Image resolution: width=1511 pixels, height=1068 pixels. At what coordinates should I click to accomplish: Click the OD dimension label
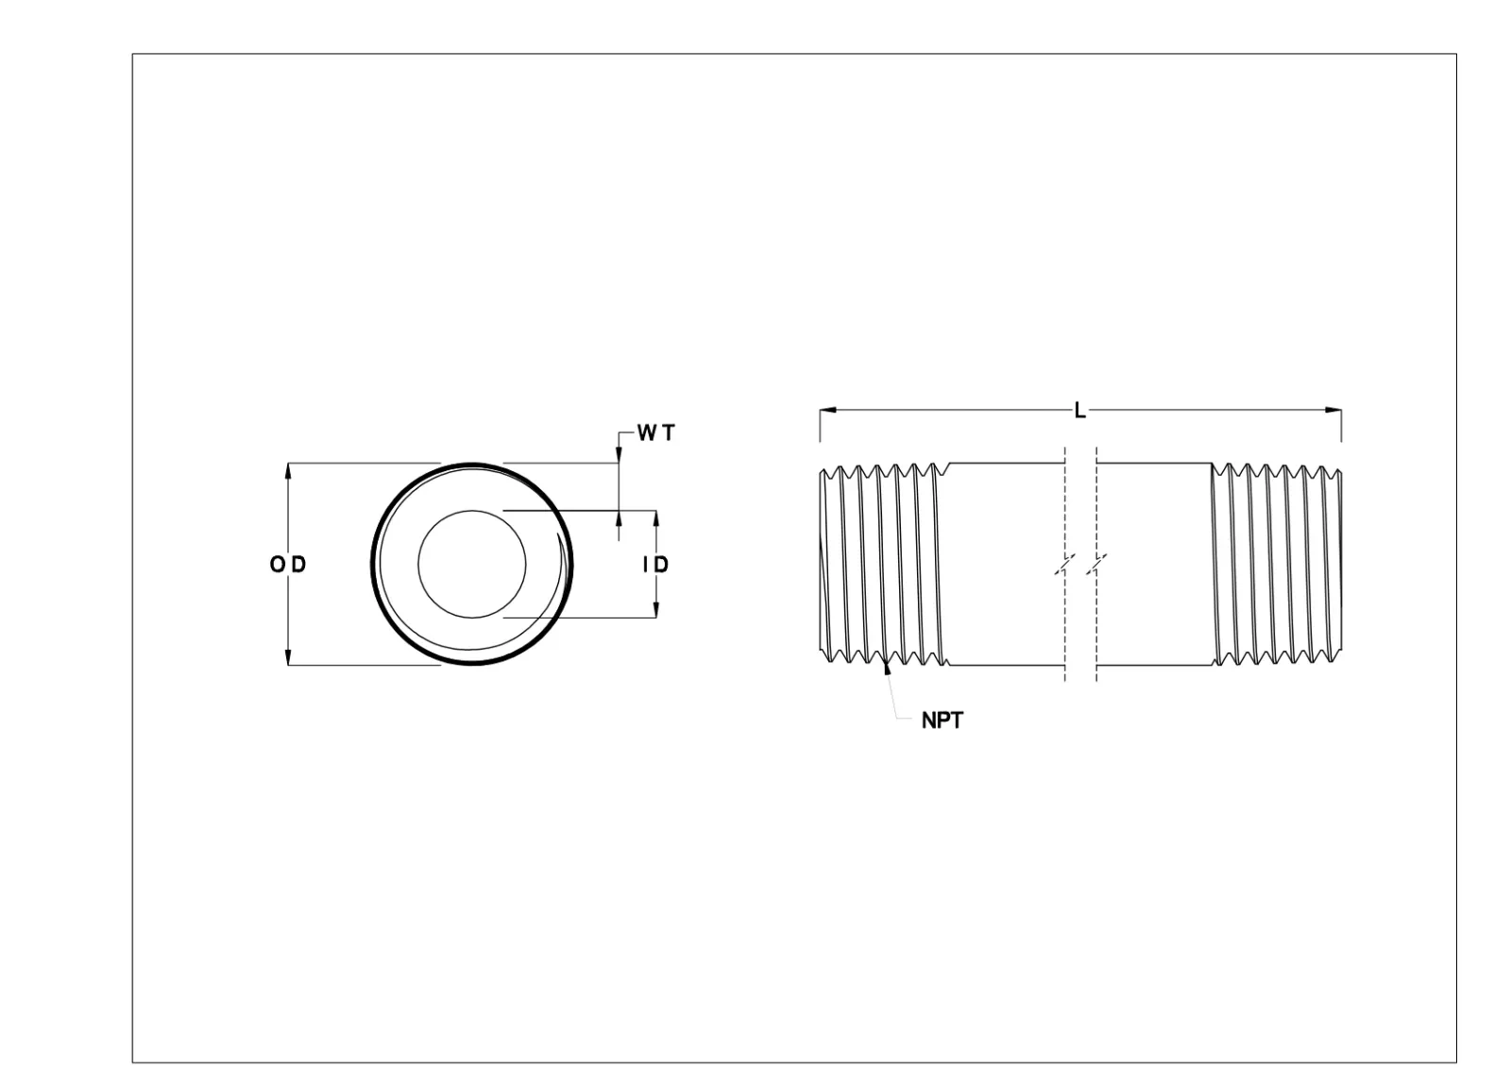pyautogui.click(x=288, y=565)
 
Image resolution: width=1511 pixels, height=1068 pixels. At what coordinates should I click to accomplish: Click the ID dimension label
pyautogui.click(x=655, y=565)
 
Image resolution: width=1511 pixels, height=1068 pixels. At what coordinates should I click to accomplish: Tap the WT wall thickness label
pyautogui.click(x=656, y=433)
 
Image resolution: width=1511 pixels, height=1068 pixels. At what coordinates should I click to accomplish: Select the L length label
pyautogui.click(x=1080, y=411)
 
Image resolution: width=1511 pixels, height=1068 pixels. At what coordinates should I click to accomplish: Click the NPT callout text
pyautogui.click(x=942, y=720)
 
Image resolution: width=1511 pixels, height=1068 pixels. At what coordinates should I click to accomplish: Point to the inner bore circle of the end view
pyautogui.click(x=472, y=565)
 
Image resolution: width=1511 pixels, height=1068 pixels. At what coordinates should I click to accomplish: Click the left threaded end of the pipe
pyautogui.click(x=883, y=565)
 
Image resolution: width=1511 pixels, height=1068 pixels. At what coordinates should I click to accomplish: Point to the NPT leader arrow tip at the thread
pyautogui.click(x=886, y=670)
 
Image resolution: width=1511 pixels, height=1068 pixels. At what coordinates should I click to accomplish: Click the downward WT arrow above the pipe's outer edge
pyautogui.click(x=618, y=456)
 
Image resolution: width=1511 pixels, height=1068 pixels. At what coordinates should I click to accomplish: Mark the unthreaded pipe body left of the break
pyautogui.click(x=1006, y=565)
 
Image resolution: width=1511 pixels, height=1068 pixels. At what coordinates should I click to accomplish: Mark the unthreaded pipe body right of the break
pyautogui.click(x=1154, y=565)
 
